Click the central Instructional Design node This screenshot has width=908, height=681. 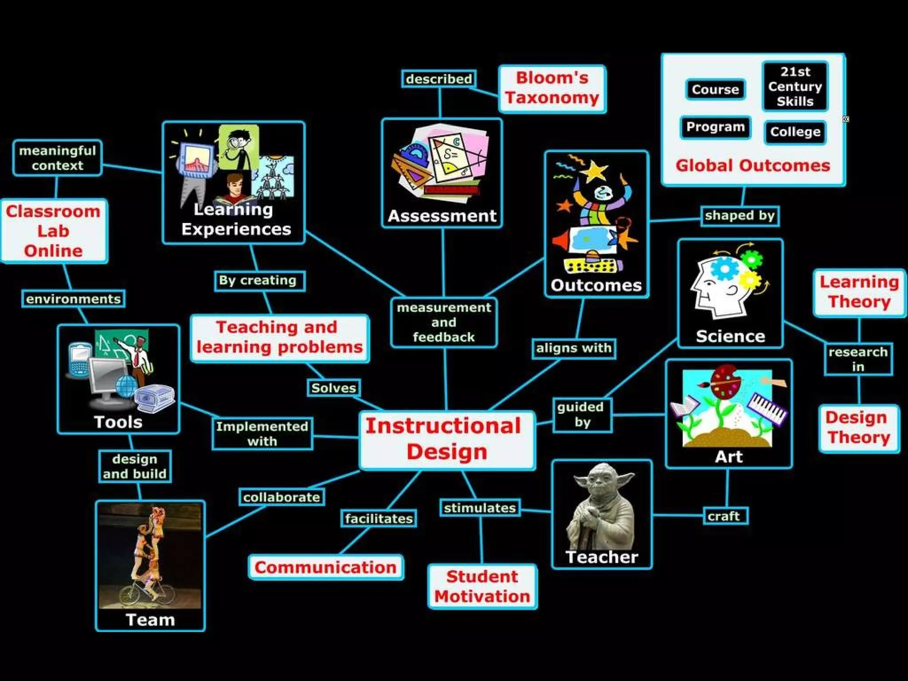(447, 439)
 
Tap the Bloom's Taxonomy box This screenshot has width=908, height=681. (552, 88)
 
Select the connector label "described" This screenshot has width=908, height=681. (438, 79)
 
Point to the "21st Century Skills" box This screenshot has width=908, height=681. (795, 86)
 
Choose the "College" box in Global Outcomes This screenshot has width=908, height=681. (795, 132)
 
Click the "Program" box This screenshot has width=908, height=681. (715, 127)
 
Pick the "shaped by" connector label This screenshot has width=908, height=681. (740, 216)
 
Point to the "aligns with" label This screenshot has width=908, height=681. (573, 348)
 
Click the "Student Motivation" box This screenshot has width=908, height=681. (482, 586)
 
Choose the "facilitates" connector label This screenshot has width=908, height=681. (379, 518)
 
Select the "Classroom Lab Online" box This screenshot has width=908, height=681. (54, 231)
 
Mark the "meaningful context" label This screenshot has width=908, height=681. (57, 158)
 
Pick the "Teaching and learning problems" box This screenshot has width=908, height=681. (279, 337)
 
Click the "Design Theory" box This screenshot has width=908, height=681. (858, 427)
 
